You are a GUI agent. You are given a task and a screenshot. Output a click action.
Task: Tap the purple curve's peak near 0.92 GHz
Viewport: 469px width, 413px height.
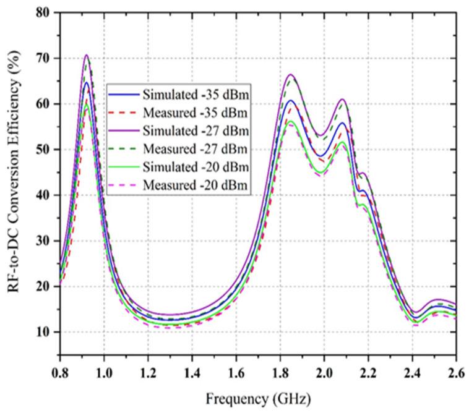(x=87, y=55)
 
